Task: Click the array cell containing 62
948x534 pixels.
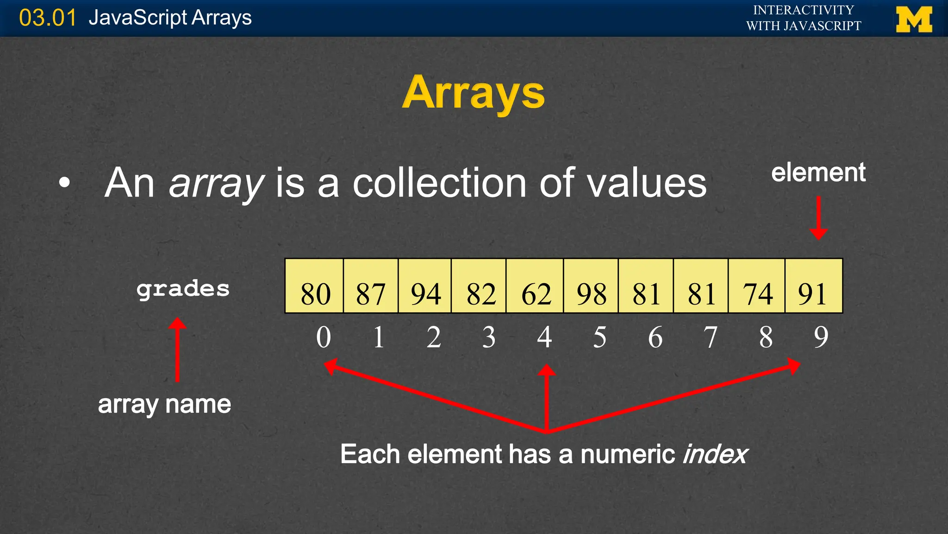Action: click(535, 286)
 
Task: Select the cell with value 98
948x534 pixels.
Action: click(591, 286)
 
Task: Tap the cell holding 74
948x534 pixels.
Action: click(756, 286)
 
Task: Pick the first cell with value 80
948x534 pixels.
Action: click(314, 286)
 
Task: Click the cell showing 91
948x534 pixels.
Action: click(813, 286)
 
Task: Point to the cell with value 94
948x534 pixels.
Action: click(425, 286)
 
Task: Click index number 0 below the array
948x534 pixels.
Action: click(324, 337)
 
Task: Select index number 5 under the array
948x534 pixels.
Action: click(599, 337)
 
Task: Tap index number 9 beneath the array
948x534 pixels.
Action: click(821, 337)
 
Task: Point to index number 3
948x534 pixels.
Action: click(489, 337)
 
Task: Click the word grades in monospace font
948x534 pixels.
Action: click(183, 289)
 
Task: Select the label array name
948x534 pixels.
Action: click(164, 404)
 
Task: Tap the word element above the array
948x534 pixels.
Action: click(818, 172)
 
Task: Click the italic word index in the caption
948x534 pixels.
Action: click(715, 454)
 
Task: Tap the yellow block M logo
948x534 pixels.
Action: click(914, 19)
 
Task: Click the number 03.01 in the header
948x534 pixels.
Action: click(47, 18)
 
